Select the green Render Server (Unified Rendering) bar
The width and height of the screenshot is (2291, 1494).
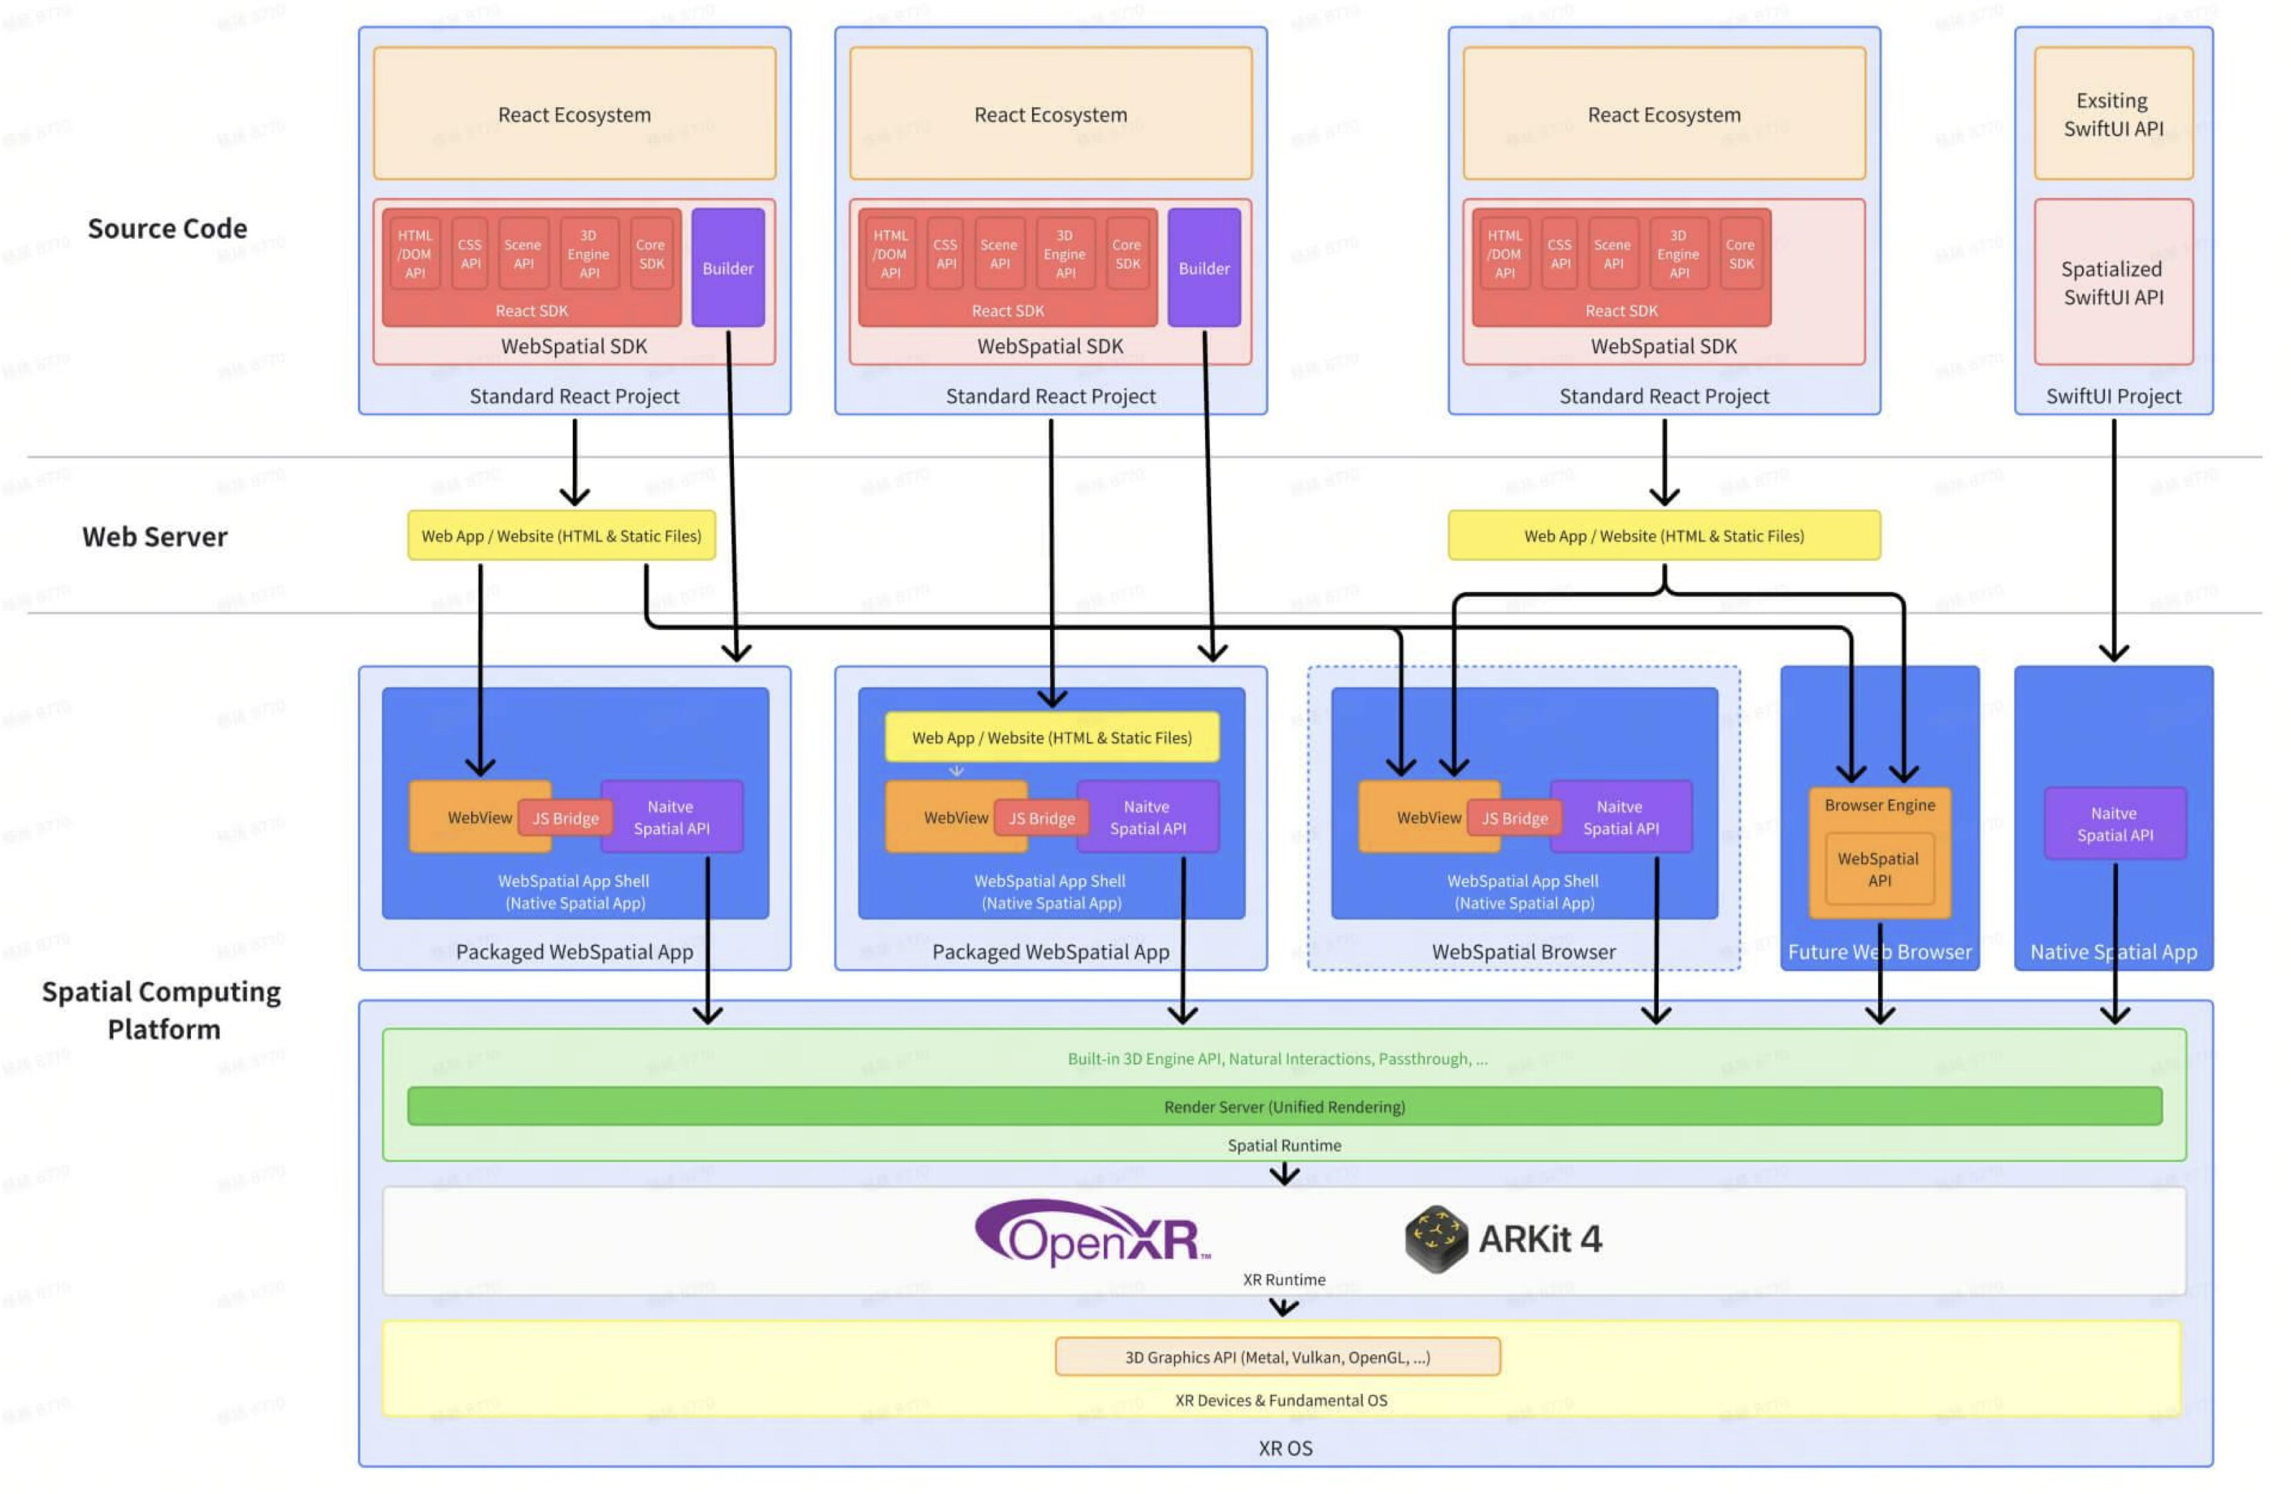pyautogui.click(x=1283, y=1106)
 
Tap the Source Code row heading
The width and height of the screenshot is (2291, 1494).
pyautogui.click(x=167, y=228)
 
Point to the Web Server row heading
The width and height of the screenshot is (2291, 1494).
pyautogui.click(x=155, y=536)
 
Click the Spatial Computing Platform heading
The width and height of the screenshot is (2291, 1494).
pyautogui.click(x=162, y=1009)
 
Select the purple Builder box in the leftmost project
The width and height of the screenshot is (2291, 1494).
pyautogui.click(x=727, y=268)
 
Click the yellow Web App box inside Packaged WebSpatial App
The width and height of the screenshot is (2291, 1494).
pyautogui.click(x=1051, y=737)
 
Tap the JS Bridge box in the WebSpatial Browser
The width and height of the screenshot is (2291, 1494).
pyautogui.click(x=1513, y=818)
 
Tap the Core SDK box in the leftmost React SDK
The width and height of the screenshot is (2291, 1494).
pyautogui.click(x=651, y=253)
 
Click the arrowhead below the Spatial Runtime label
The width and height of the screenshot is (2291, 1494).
pyautogui.click(x=1283, y=1175)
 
